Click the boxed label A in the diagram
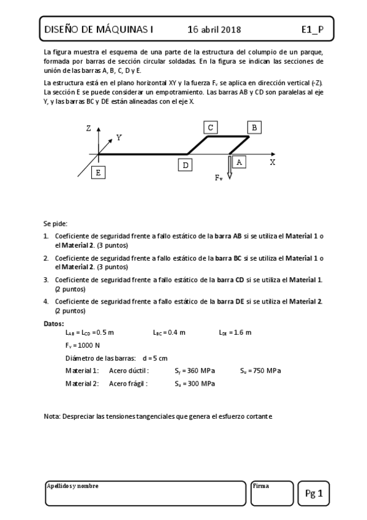pyautogui.click(x=240, y=161)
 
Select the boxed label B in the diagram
pyautogui.click(x=255, y=127)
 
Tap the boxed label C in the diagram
pyautogui.click(x=210, y=127)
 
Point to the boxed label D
pyautogui.click(x=185, y=165)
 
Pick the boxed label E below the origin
pyautogui.click(x=97, y=172)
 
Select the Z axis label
pyautogui.click(x=89, y=128)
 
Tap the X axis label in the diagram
pyautogui.click(x=272, y=162)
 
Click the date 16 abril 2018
pyautogui.click(x=214, y=29)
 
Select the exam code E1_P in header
pyautogui.click(x=312, y=29)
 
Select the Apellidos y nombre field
pyautogui.click(x=145, y=493)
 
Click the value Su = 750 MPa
pyautogui.click(x=260, y=370)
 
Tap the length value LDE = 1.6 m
pyautogui.click(x=235, y=332)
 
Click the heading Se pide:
pyautogui.click(x=56, y=224)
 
